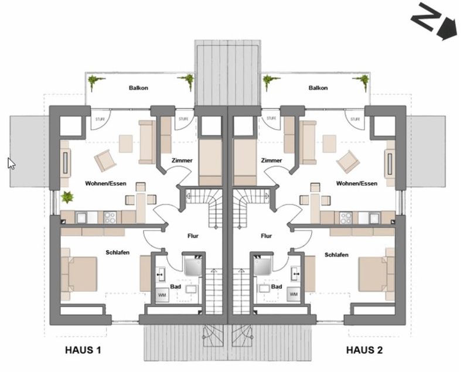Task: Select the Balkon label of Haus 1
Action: tap(138, 88)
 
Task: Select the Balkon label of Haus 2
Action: tap(317, 88)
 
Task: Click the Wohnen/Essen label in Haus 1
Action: tap(105, 183)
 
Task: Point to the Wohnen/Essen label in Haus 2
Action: tap(356, 183)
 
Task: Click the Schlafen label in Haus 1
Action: tap(118, 252)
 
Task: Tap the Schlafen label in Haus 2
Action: tap(336, 255)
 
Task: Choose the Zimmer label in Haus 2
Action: tap(272, 160)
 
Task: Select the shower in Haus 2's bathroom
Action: tap(262, 265)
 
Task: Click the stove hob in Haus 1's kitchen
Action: tap(110, 217)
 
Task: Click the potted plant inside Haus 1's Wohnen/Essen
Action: tap(67, 197)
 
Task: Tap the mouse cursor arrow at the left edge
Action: tap(11, 162)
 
